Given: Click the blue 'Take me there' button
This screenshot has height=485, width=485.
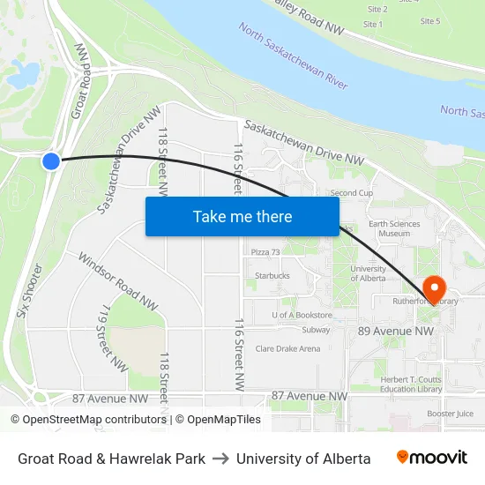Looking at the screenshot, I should coord(242,216).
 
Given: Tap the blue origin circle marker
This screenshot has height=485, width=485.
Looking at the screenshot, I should coord(51,160).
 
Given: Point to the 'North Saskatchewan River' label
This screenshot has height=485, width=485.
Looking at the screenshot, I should coord(293,55).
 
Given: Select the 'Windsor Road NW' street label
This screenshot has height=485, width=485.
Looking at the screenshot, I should coord(118,282).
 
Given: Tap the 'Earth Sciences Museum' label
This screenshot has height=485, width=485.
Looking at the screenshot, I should coord(394,228).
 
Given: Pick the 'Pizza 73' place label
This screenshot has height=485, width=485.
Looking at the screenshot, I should coord(265,252).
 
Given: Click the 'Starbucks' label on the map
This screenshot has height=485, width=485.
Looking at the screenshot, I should coord(272,276).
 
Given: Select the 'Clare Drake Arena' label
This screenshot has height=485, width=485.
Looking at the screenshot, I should coord(287,348).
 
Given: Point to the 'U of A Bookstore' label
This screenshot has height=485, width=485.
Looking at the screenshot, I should coord(302,315).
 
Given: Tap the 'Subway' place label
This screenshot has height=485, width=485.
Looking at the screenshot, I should coord(316,331).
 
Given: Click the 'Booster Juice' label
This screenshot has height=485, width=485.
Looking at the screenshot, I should coord(451,413).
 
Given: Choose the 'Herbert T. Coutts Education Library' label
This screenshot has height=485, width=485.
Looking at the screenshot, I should coord(411,384).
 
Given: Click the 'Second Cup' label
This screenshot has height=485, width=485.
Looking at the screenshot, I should coord(352,192).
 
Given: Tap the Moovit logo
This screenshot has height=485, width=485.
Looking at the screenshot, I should coord(432,458).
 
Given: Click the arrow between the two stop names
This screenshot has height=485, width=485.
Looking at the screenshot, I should coord(220,459).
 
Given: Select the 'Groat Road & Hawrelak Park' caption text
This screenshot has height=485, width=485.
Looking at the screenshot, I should coord(111,459).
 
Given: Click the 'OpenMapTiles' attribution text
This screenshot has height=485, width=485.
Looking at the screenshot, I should coord(224,420).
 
